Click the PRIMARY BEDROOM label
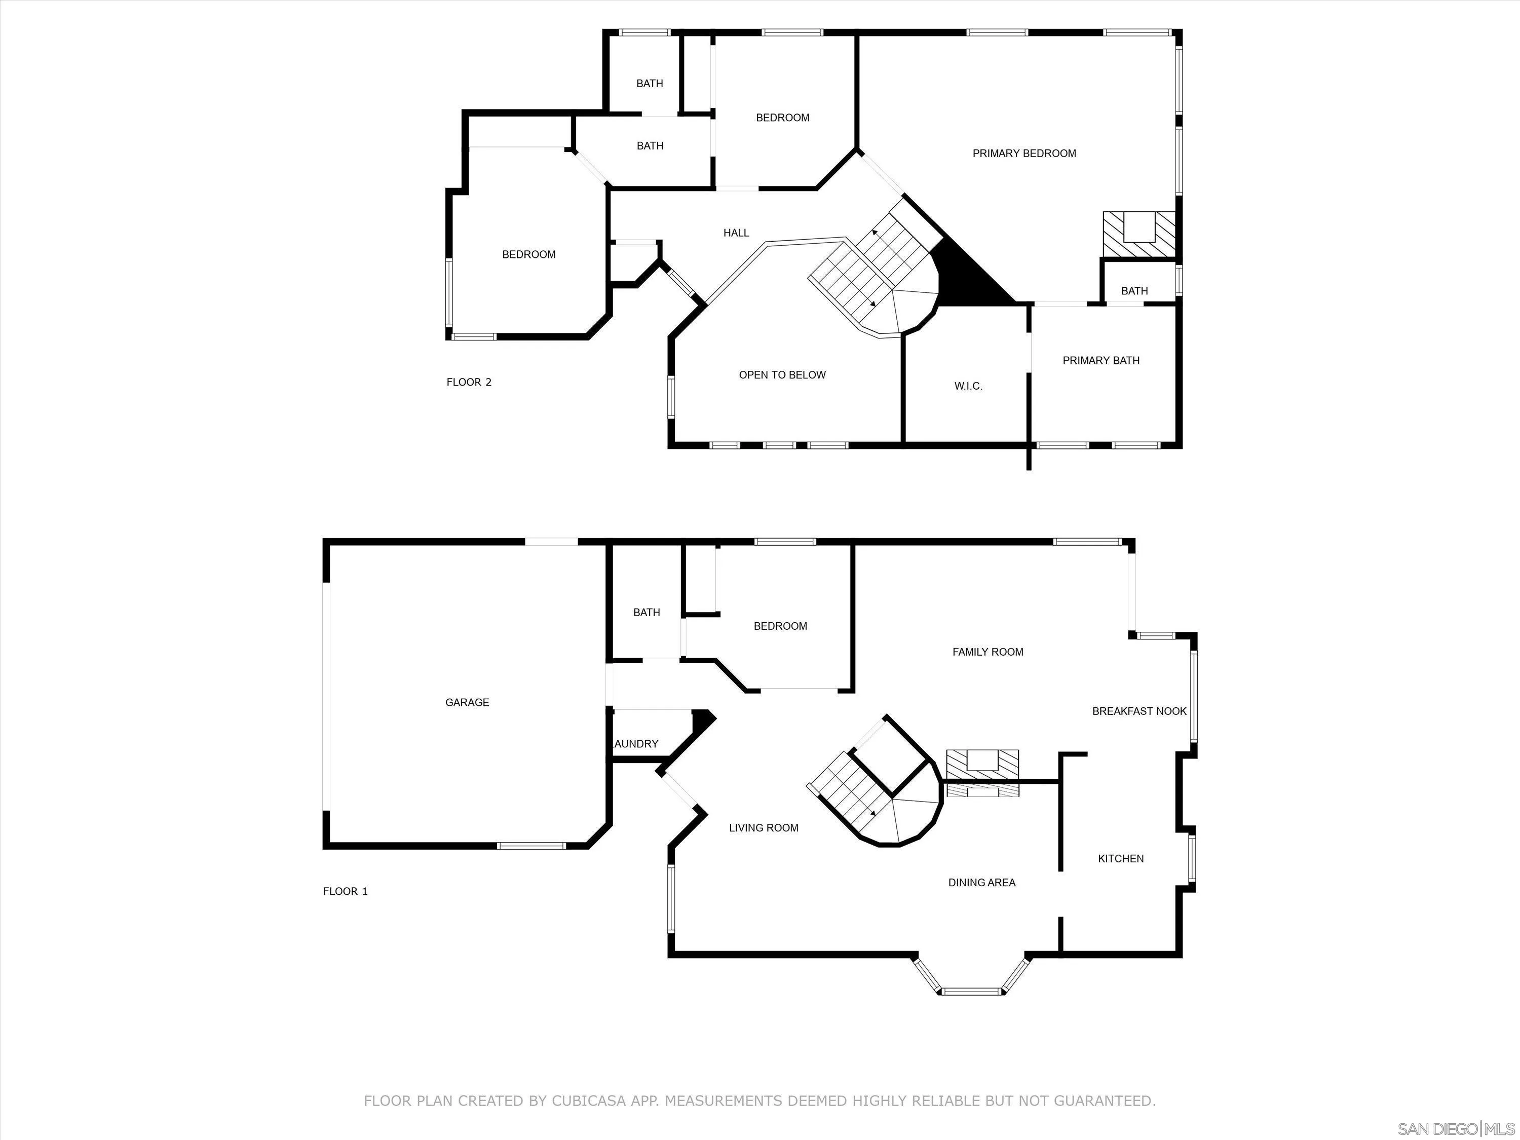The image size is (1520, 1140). coord(1024,153)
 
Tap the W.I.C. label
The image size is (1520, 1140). coord(968,386)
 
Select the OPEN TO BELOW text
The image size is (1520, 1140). coord(782,374)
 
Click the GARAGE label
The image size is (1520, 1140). coord(467,702)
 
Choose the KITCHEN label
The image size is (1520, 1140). coord(1121,858)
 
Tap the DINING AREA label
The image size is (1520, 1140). coord(981,882)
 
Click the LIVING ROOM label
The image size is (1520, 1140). coord(764,828)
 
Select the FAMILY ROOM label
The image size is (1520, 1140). coord(987,652)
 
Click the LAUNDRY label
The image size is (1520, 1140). coord(636,743)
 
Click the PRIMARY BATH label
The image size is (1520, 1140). coord(1101,360)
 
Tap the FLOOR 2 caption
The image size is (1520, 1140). coord(469,382)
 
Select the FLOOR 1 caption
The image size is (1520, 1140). coord(345,891)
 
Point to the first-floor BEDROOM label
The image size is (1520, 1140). coord(780,626)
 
